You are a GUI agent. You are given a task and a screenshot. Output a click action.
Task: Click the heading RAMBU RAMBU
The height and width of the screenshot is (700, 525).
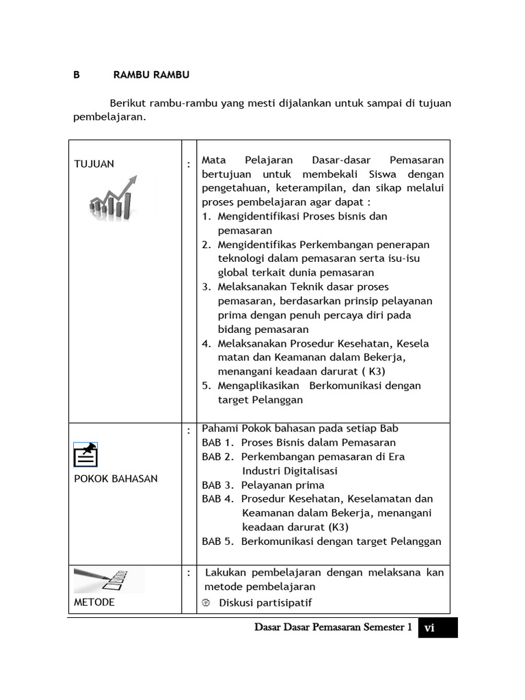pyautogui.click(x=151, y=75)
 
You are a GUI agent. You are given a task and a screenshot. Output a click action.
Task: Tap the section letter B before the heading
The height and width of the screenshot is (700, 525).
pyautogui.click(x=77, y=75)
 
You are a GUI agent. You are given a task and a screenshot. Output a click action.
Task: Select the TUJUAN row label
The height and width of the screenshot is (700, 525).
pyautogui.click(x=94, y=164)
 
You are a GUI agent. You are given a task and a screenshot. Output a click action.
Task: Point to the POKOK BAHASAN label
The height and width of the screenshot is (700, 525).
pyautogui.click(x=116, y=479)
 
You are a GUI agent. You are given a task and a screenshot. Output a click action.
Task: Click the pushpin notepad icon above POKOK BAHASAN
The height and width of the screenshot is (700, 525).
pyautogui.click(x=85, y=455)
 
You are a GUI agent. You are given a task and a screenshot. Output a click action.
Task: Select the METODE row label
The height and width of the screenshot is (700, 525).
pyautogui.click(x=94, y=602)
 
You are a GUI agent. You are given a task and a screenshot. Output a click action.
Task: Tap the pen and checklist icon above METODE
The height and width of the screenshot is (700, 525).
pyautogui.click(x=109, y=579)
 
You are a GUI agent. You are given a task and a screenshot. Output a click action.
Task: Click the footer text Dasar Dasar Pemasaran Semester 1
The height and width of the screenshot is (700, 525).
pyautogui.click(x=332, y=628)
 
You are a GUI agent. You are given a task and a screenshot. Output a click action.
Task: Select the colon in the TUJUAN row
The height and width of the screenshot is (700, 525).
pyautogui.click(x=188, y=164)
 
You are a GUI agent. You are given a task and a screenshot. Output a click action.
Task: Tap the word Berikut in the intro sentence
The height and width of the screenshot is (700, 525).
pyautogui.click(x=129, y=103)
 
